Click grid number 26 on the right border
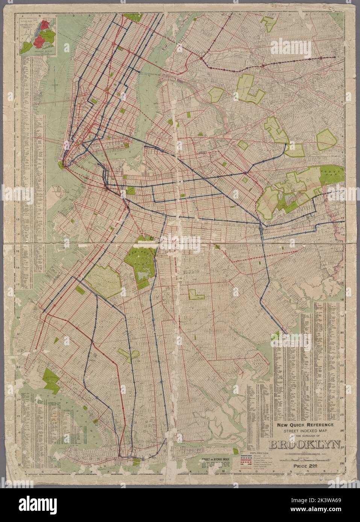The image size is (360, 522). (342, 430)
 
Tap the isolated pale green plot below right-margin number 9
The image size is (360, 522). (328, 140)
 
